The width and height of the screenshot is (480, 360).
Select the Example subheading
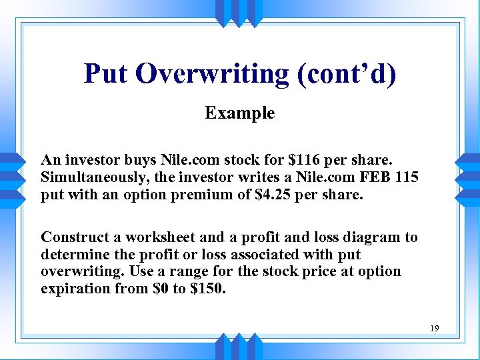point(240,113)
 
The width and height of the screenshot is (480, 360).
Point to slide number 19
point(435,328)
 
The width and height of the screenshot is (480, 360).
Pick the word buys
point(138,160)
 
